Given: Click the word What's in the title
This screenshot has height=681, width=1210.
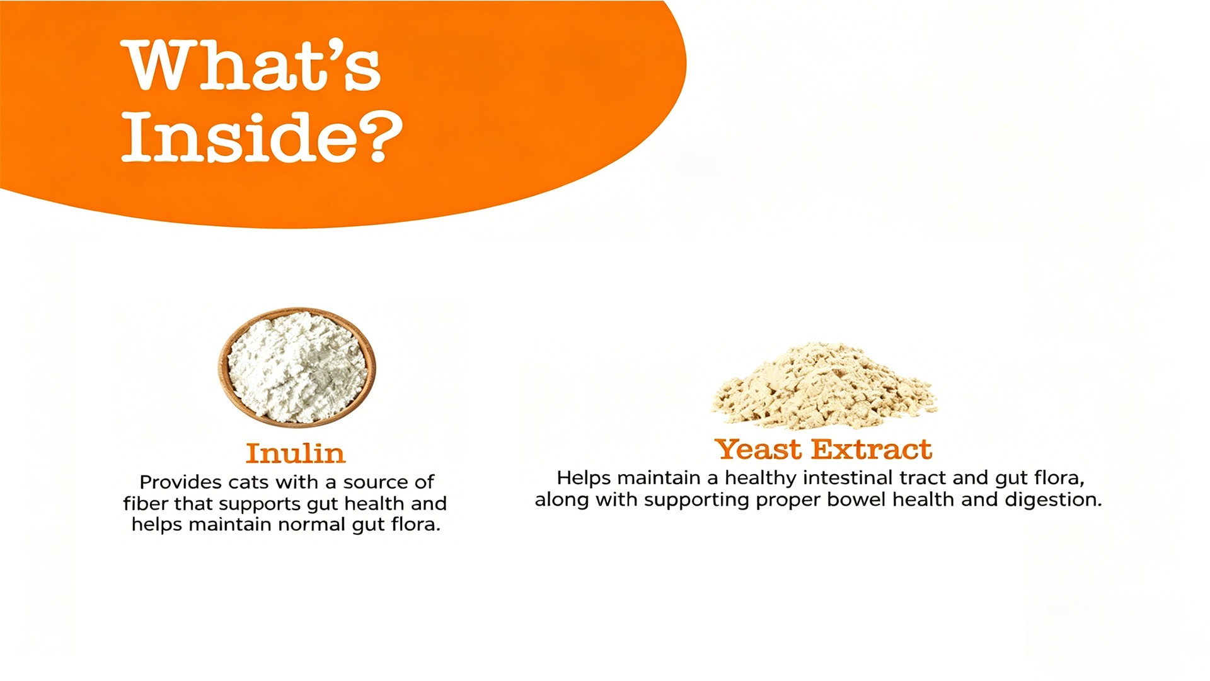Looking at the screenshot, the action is (x=253, y=66).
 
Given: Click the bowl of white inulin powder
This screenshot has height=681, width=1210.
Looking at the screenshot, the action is (x=297, y=368).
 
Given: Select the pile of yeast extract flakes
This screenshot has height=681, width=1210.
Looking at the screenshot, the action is (x=824, y=385).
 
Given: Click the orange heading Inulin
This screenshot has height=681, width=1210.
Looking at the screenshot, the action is (x=296, y=453).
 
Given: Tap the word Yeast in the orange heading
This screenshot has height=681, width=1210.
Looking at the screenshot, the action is (x=759, y=450).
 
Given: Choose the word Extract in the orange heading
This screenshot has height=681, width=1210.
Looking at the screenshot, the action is (x=872, y=450).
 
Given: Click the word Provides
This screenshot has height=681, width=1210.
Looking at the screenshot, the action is (x=181, y=482).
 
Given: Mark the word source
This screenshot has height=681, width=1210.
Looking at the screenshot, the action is (x=376, y=483).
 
